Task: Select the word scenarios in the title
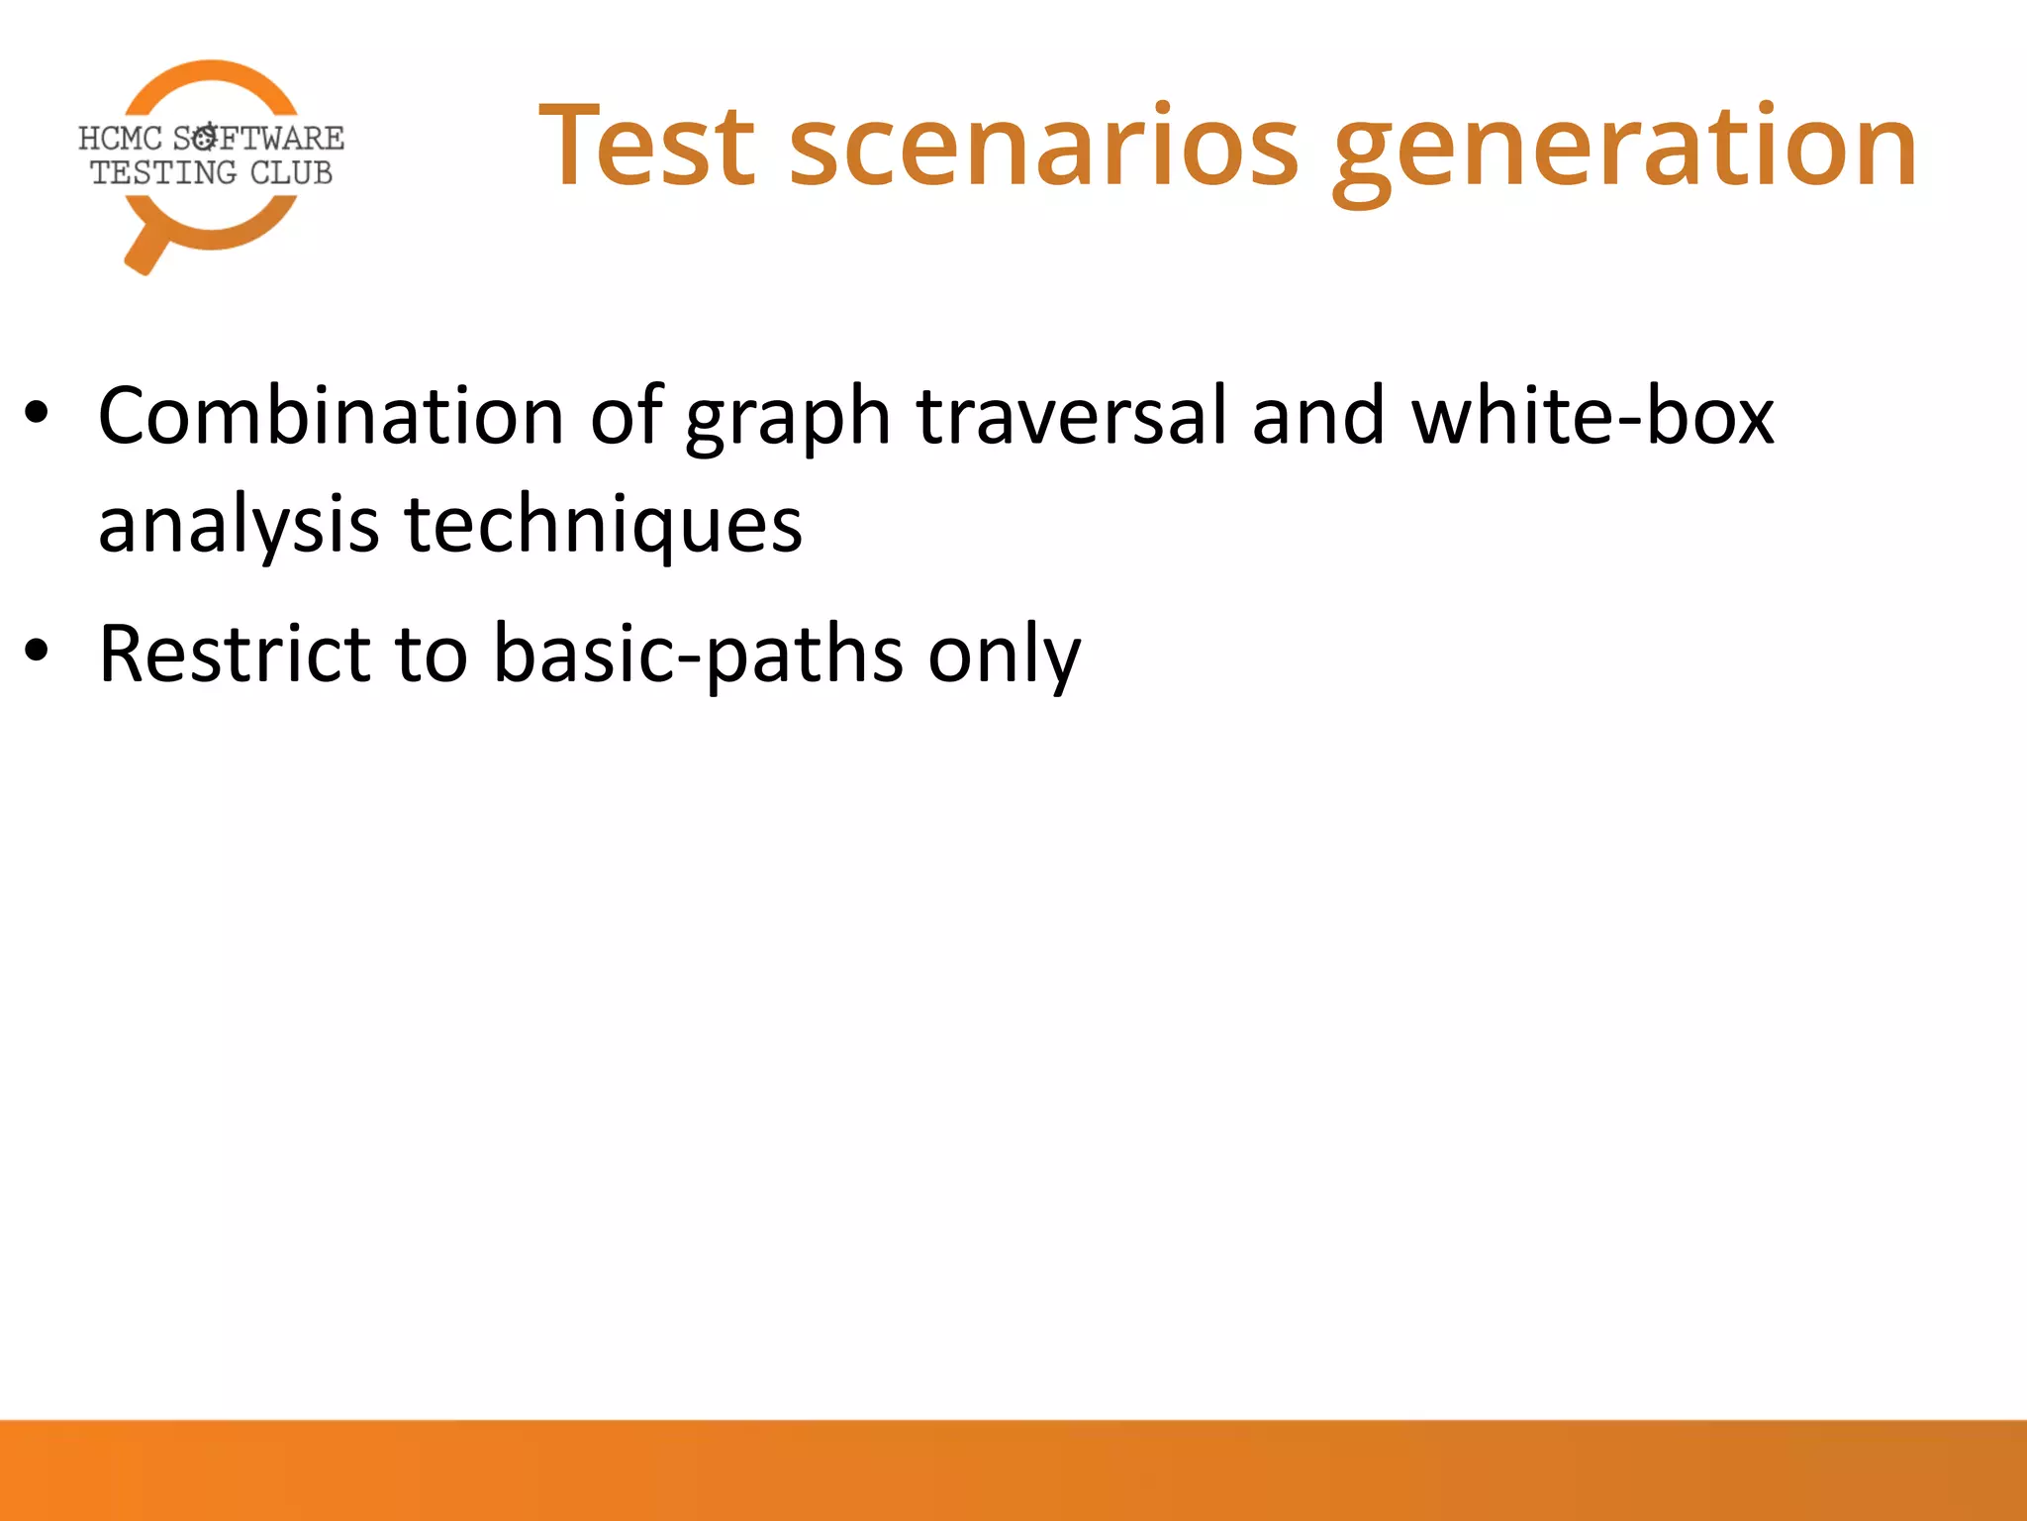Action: [x=1043, y=146]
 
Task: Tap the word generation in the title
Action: [x=1624, y=149]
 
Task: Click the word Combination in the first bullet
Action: [x=331, y=416]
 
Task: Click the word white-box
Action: [x=1593, y=416]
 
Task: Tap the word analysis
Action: [x=239, y=525]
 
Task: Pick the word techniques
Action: [x=604, y=525]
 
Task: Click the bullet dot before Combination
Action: [x=37, y=414]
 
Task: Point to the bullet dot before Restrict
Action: [x=37, y=652]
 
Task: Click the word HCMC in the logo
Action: [x=120, y=138]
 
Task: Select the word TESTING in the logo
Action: [x=163, y=173]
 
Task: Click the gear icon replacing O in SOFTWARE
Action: [x=205, y=137]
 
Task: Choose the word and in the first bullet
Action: [x=1317, y=416]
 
